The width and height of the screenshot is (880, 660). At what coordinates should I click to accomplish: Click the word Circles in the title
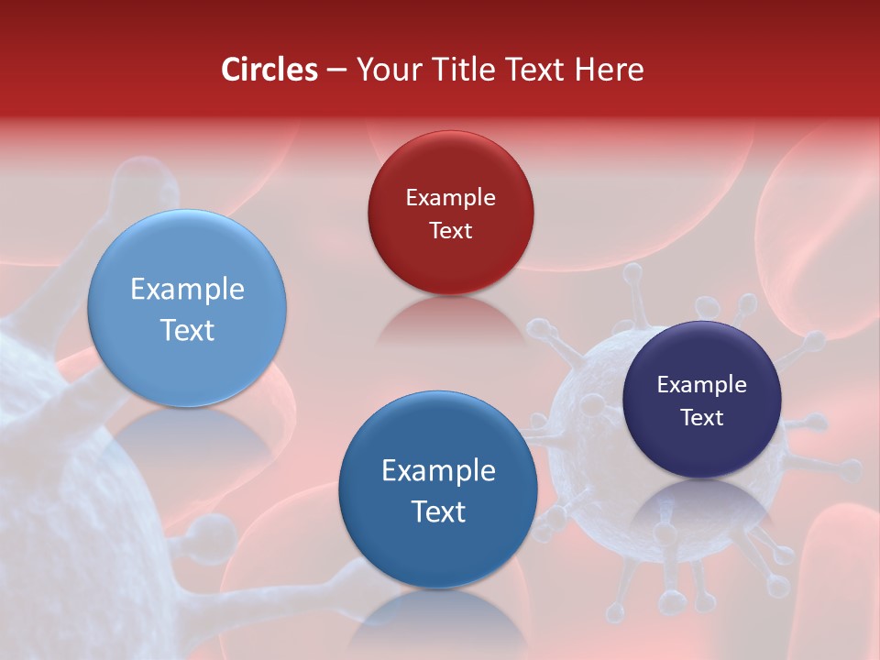point(269,70)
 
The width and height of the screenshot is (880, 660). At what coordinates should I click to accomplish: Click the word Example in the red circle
point(450,198)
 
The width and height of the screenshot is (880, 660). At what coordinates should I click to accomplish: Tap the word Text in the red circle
point(450,231)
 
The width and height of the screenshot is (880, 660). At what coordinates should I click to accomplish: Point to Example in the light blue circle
point(187,290)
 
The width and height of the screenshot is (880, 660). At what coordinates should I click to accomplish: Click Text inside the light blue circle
point(187,330)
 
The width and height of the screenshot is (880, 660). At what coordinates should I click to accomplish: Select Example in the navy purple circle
point(702,385)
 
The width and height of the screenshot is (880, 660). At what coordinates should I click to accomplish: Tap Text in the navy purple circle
point(702,418)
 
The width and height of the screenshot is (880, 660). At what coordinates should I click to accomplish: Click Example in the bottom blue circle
point(438,471)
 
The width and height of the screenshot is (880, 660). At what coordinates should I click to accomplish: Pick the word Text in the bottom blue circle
point(438,511)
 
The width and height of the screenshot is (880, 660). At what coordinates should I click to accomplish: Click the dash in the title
point(336,71)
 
